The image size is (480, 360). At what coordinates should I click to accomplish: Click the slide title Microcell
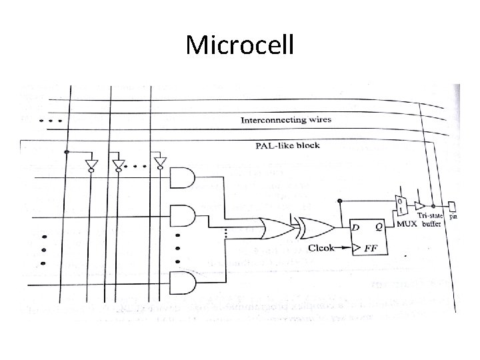[x=239, y=45]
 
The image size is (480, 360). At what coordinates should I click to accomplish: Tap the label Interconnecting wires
[x=287, y=120]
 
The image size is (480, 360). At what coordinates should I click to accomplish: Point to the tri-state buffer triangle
[x=420, y=206]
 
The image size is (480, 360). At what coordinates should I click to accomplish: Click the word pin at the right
[x=453, y=217]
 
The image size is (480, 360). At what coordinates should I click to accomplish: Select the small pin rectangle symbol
[x=453, y=206]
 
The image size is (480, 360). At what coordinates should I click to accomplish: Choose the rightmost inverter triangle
[x=158, y=164]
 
